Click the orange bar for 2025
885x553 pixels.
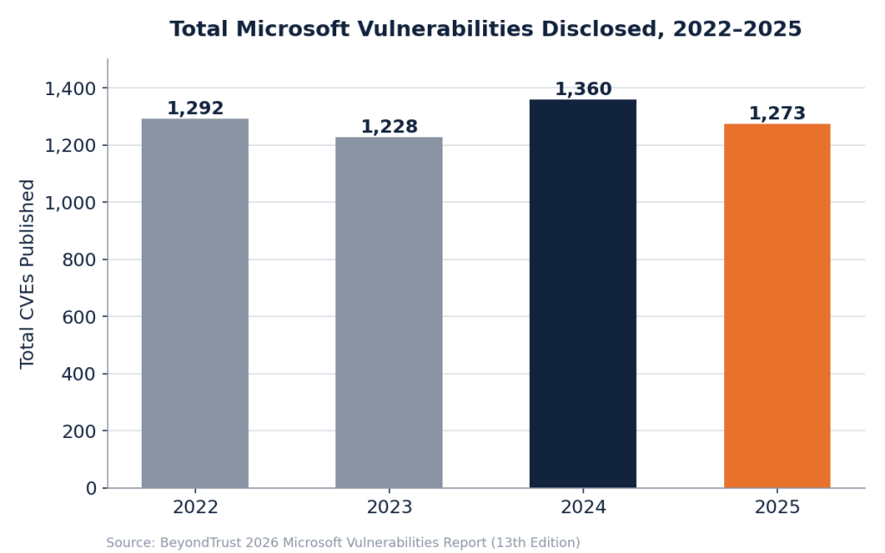(x=777, y=306)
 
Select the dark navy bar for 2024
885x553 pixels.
(x=583, y=294)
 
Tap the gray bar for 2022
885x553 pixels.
(x=195, y=303)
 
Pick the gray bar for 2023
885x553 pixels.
(x=389, y=313)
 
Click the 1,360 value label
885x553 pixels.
(x=583, y=89)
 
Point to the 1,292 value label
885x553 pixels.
(x=195, y=108)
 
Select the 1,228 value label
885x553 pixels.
(x=389, y=127)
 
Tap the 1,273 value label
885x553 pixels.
(x=777, y=113)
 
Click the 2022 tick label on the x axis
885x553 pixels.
(x=195, y=507)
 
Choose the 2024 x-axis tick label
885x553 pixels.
(x=583, y=507)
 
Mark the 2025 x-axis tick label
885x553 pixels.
(x=777, y=507)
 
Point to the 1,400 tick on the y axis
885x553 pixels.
(x=71, y=89)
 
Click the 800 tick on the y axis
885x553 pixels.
(x=80, y=260)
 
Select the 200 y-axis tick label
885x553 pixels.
(x=80, y=432)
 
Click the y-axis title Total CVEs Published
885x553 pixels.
(x=27, y=274)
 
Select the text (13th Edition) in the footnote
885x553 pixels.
(x=536, y=543)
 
